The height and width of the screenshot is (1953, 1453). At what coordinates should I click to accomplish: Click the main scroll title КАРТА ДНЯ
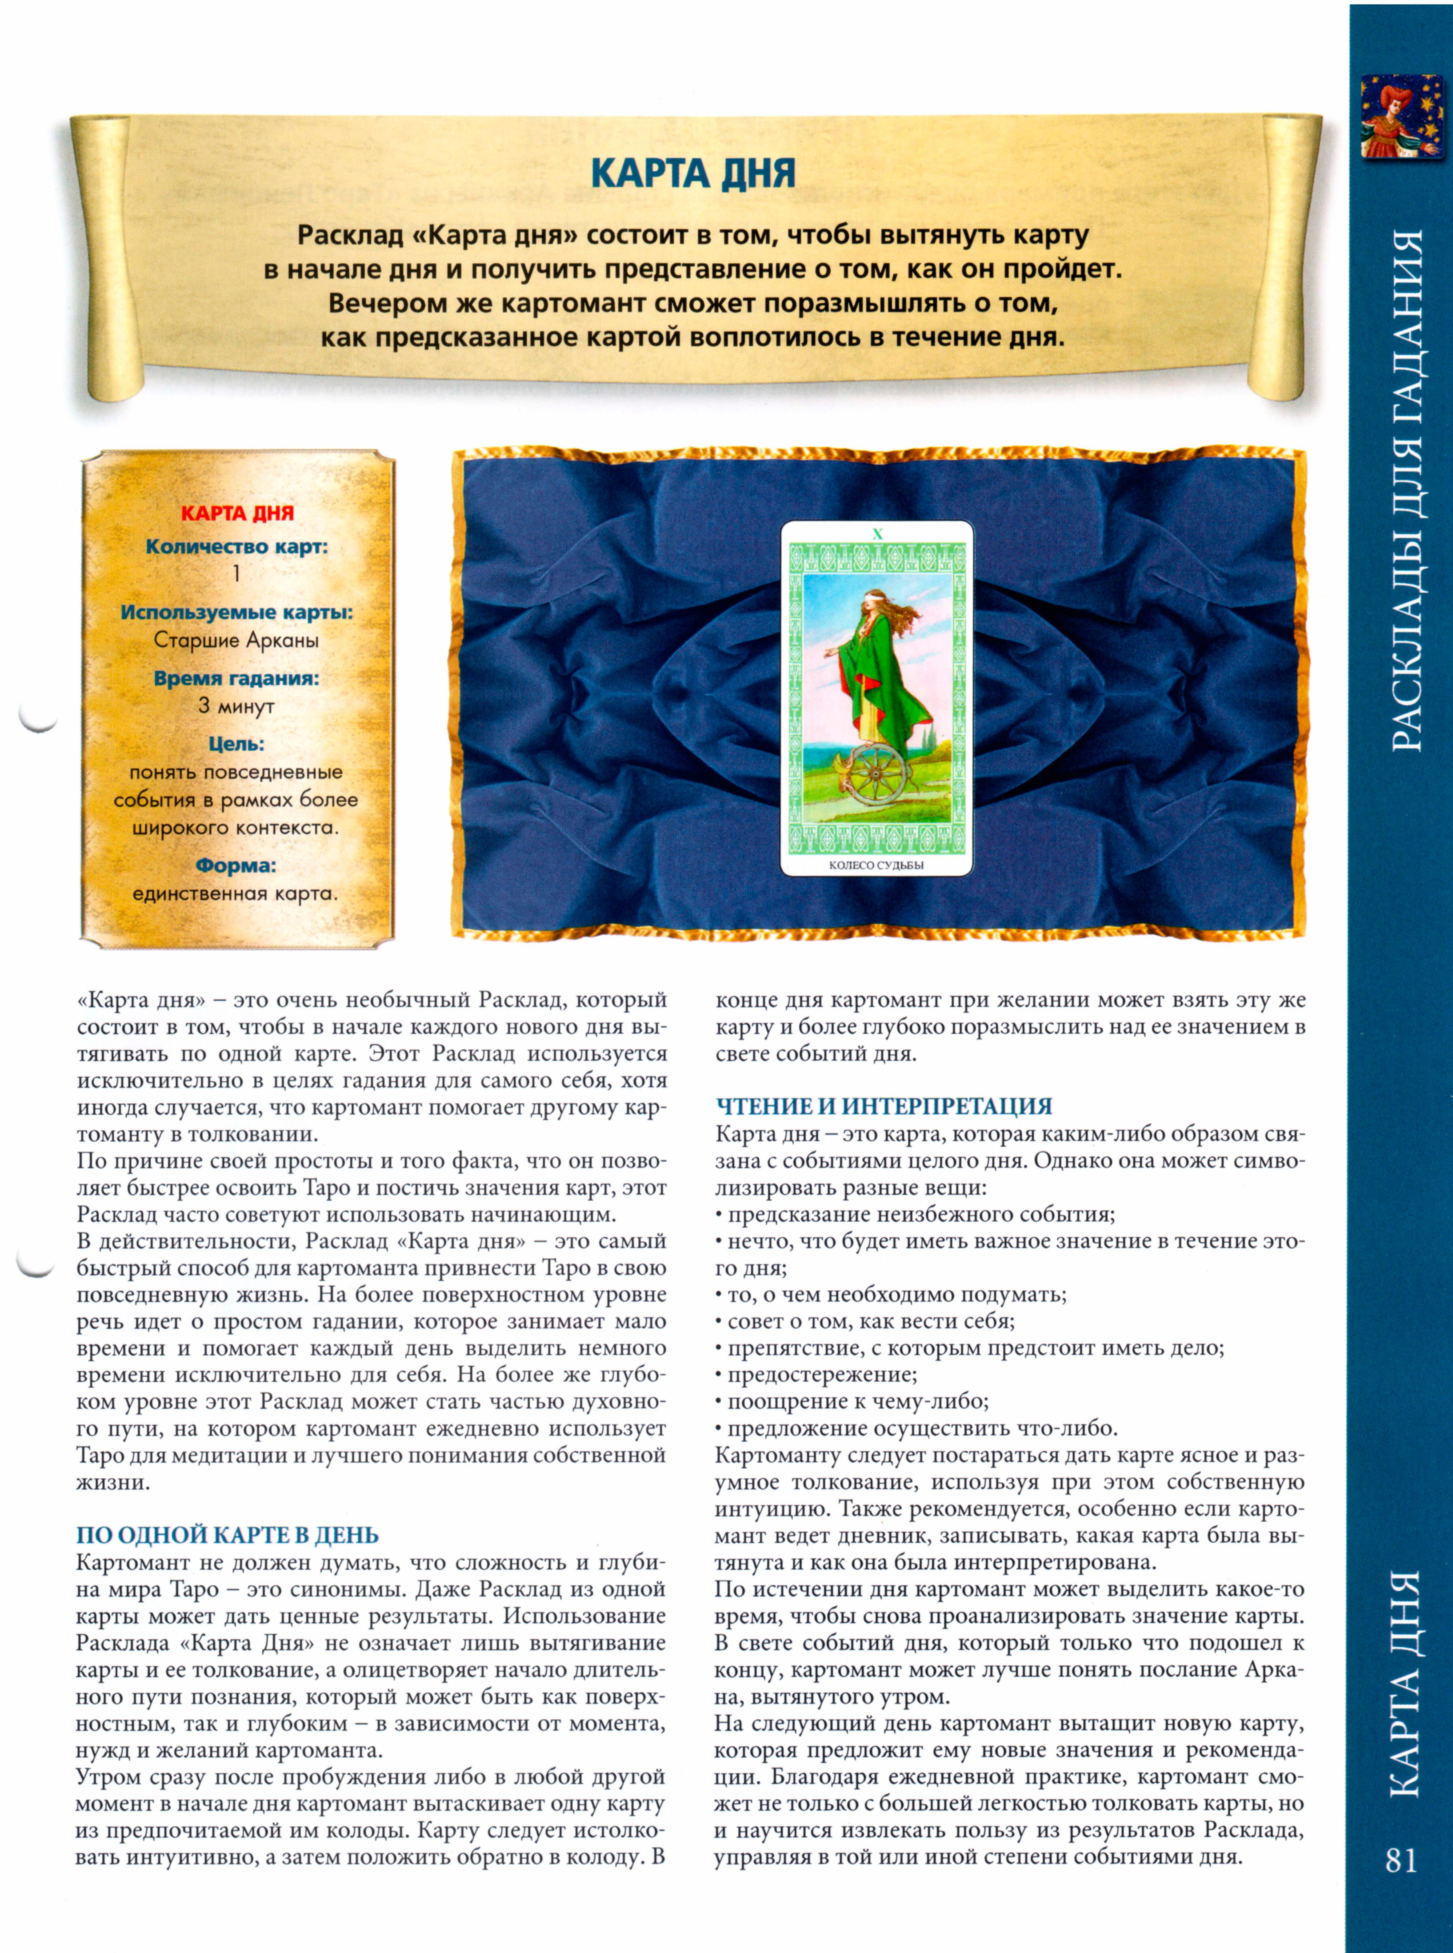tap(693, 173)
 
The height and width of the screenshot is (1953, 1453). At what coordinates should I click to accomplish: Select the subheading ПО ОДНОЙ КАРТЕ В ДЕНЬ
tap(228, 1535)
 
